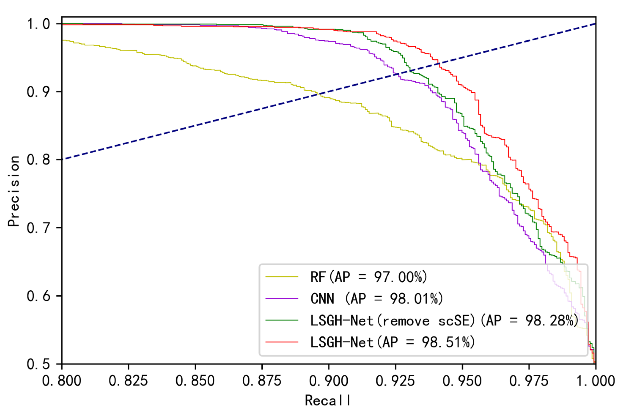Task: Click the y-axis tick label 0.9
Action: point(38,92)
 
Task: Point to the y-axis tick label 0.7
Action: point(38,228)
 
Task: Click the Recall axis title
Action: point(328,400)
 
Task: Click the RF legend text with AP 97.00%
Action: point(369,277)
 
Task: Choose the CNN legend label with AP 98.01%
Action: point(376,299)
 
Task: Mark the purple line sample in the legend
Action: point(282,299)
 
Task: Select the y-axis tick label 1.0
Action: point(38,24)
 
